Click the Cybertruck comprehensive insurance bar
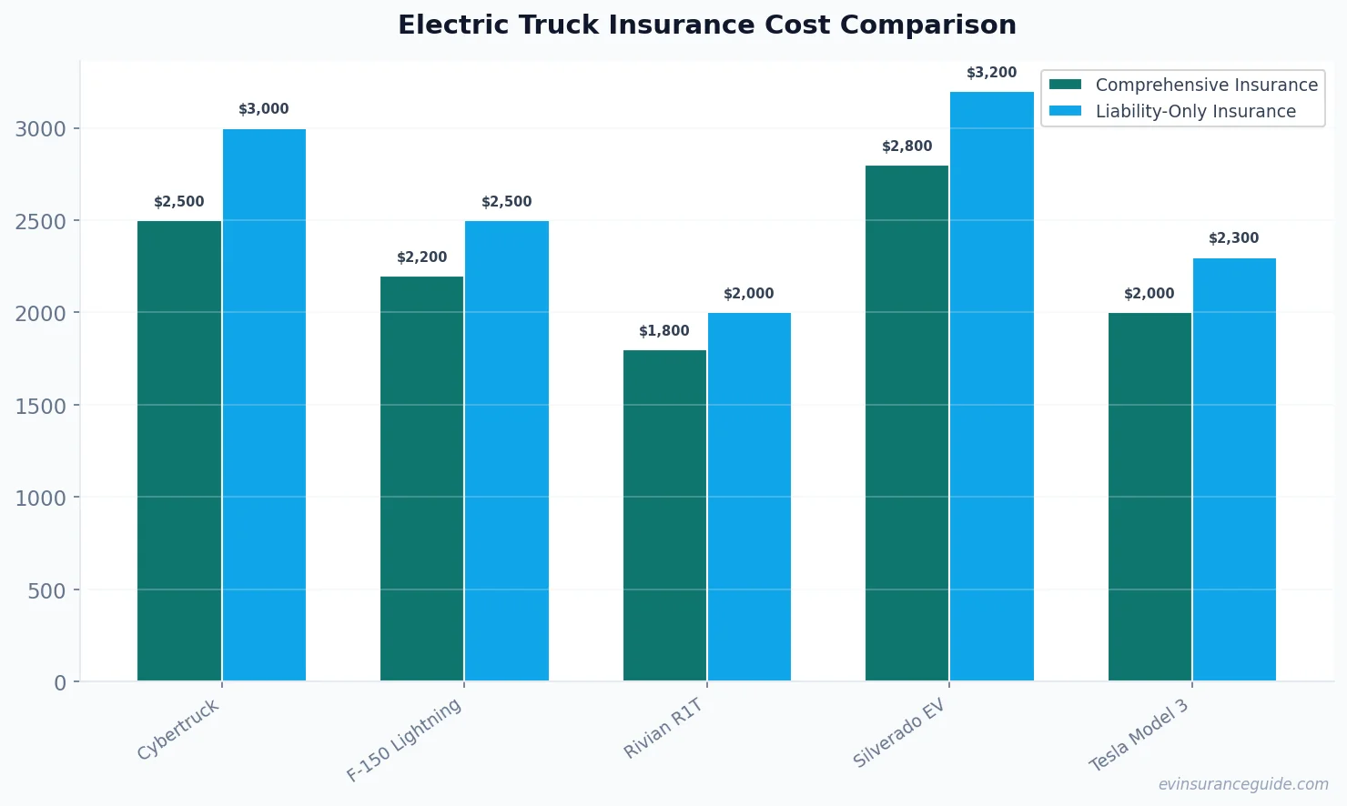click(x=179, y=450)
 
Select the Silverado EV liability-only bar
click(x=992, y=386)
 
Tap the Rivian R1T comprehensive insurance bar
click(x=664, y=515)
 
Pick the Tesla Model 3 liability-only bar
click(x=1234, y=469)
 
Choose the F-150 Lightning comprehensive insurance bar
click(x=421, y=479)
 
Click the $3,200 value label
click(x=992, y=73)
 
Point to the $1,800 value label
click(x=664, y=331)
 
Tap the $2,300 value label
click(x=1234, y=238)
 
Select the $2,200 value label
click(x=421, y=257)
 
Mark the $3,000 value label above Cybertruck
click(x=264, y=109)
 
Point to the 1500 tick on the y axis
click(x=41, y=406)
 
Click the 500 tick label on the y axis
click(x=46, y=590)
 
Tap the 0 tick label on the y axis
click(x=60, y=683)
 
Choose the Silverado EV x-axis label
click(x=899, y=733)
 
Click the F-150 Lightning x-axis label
click(x=404, y=741)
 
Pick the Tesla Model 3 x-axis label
click(x=1139, y=736)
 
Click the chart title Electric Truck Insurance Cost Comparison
click(x=707, y=25)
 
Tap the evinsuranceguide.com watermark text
click(x=1243, y=784)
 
